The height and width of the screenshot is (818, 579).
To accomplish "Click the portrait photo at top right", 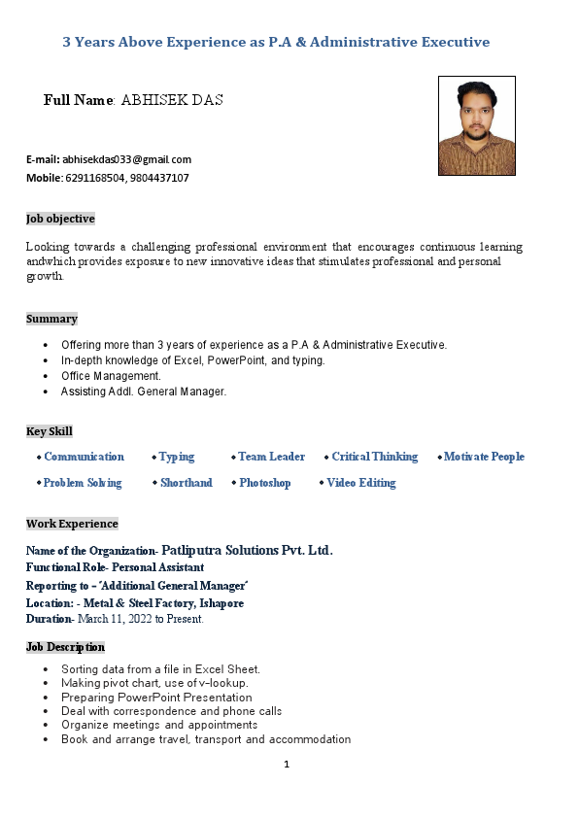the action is coord(476,125).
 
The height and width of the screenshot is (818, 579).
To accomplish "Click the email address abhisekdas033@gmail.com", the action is coord(127,159).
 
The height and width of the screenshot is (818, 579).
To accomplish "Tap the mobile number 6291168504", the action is coord(94,179).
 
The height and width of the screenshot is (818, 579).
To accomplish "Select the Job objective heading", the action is coord(60,219).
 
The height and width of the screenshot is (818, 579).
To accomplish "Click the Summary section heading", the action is coord(51,319).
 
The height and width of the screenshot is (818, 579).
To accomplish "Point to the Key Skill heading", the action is coord(50,431).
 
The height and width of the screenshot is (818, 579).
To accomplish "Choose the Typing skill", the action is coord(177,457).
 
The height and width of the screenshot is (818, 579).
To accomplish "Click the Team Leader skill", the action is coord(271,457).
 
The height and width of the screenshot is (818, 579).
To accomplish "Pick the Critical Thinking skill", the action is coord(374,457).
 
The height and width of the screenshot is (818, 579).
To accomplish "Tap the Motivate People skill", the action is coord(484,457).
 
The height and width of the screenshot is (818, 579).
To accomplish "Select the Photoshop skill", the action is coord(264,483).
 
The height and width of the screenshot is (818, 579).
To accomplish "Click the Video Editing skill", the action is coord(360,483).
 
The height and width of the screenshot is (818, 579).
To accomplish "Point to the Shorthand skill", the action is coord(186,483).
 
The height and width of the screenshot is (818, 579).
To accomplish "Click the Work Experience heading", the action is coord(72,524).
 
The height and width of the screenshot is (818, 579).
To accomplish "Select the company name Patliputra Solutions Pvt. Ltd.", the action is coord(247,550).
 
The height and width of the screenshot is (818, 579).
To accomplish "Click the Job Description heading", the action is coord(65,647).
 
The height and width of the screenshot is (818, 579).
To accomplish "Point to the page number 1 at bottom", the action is coord(287,764).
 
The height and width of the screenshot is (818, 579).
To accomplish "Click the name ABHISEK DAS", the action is coord(172,100).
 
